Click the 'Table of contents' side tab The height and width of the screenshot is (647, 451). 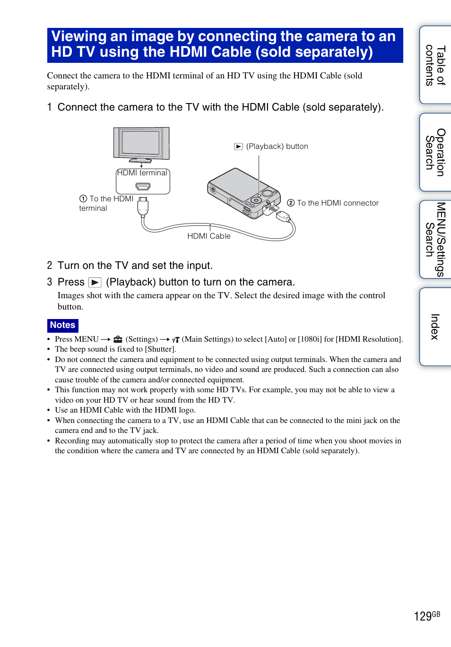435,65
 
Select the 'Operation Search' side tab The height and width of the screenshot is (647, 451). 435,152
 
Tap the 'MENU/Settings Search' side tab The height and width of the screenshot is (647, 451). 435,239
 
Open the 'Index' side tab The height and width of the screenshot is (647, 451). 435,327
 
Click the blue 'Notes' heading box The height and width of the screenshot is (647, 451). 63,325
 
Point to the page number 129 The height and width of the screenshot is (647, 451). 423,616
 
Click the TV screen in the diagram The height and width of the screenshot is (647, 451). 140,142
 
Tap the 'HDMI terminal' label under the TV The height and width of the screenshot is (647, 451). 142,173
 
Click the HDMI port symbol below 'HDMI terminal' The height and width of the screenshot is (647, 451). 143,186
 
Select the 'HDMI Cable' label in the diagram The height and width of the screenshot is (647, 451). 209,236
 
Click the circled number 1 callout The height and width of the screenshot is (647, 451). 83,199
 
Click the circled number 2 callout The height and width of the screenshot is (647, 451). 291,203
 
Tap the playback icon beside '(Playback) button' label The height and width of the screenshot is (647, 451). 239,147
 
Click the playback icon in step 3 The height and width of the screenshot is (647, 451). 95,283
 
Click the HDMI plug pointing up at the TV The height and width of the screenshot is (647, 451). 143,206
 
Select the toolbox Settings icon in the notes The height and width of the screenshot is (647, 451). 118,339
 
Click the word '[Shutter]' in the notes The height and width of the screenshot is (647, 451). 160,349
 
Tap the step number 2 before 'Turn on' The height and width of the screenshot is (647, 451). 50,266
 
